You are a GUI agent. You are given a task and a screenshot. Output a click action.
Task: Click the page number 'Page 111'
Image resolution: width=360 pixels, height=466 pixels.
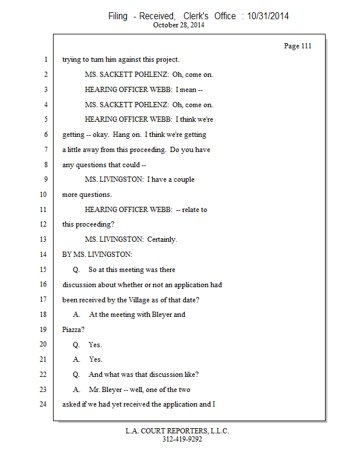coord(297,46)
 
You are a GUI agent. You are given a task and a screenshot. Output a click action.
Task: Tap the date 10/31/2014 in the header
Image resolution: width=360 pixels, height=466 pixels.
coord(267,16)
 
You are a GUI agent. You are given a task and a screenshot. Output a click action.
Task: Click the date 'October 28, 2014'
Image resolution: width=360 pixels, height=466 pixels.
coord(179,25)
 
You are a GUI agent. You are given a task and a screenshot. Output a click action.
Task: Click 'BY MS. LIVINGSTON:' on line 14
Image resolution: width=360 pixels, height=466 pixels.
coord(97,255)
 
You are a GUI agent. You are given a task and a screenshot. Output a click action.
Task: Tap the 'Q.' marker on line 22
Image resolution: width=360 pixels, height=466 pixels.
coord(76,375)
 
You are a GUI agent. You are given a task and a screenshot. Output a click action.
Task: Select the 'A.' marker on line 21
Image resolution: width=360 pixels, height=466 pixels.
coord(76,359)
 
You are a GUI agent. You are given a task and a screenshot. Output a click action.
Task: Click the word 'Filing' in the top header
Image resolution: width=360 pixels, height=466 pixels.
coord(118,16)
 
